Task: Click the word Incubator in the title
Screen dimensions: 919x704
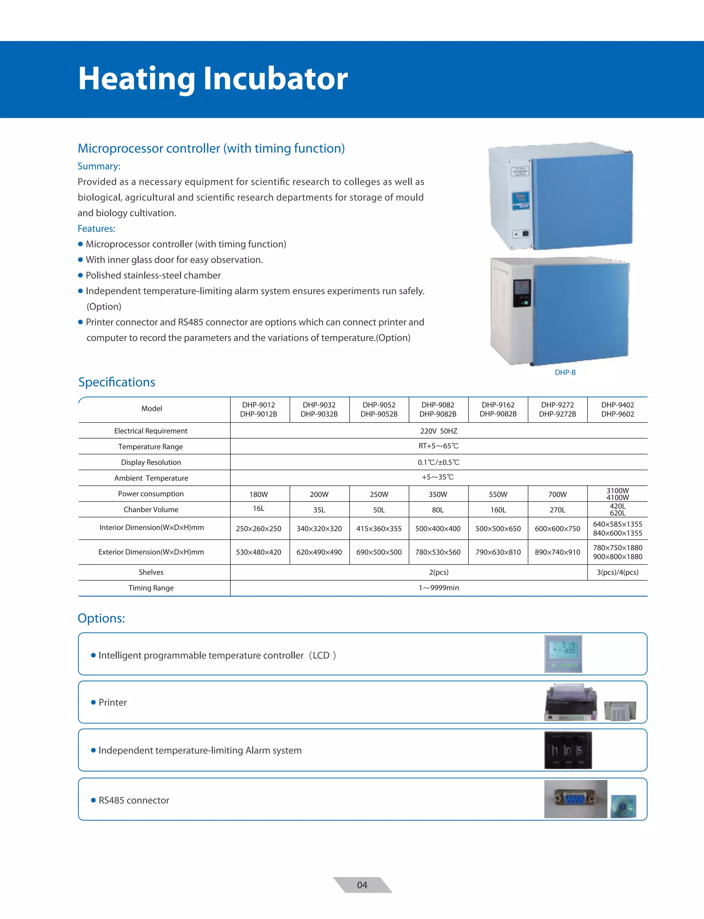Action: tap(275, 79)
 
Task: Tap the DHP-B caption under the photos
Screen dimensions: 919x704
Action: tap(565, 372)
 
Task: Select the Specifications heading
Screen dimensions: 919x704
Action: tap(117, 382)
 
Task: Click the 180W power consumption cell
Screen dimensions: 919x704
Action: tap(258, 494)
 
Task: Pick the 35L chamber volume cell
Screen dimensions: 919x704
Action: tap(319, 510)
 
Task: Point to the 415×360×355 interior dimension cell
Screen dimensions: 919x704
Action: tap(379, 529)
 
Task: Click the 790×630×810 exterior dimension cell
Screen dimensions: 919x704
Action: tap(498, 552)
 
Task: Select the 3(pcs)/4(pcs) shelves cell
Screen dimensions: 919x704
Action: tap(617, 572)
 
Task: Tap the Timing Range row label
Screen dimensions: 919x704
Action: tap(151, 588)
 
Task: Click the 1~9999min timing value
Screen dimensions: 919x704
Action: tap(438, 588)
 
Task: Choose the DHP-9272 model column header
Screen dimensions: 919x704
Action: tap(557, 409)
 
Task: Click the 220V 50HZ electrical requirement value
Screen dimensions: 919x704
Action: tap(438, 431)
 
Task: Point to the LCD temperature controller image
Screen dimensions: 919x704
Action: tap(563, 654)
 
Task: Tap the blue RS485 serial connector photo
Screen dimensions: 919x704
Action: tap(575, 799)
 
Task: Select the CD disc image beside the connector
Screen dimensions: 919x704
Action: tap(623, 806)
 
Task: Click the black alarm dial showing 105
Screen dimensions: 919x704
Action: tap(568, 750)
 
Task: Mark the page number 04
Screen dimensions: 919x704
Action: tap(362, 885)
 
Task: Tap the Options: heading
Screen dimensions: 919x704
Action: tap(101, 618)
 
